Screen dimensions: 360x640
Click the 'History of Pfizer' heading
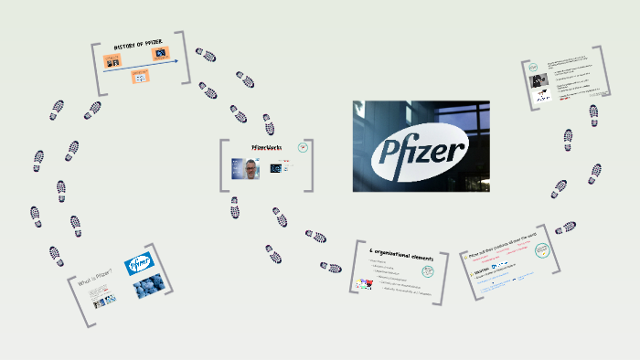pos(139,45)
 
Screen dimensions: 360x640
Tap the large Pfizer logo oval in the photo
pos(421,146)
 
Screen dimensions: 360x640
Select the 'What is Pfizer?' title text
pos(96,270)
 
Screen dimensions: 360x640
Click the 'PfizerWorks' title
pos(266,147)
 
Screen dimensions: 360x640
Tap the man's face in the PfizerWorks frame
pos(249,167)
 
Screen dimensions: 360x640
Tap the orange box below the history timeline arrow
pos(140,77)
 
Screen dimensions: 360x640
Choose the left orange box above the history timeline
pos(114,60)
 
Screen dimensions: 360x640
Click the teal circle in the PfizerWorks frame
pos(304,146)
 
